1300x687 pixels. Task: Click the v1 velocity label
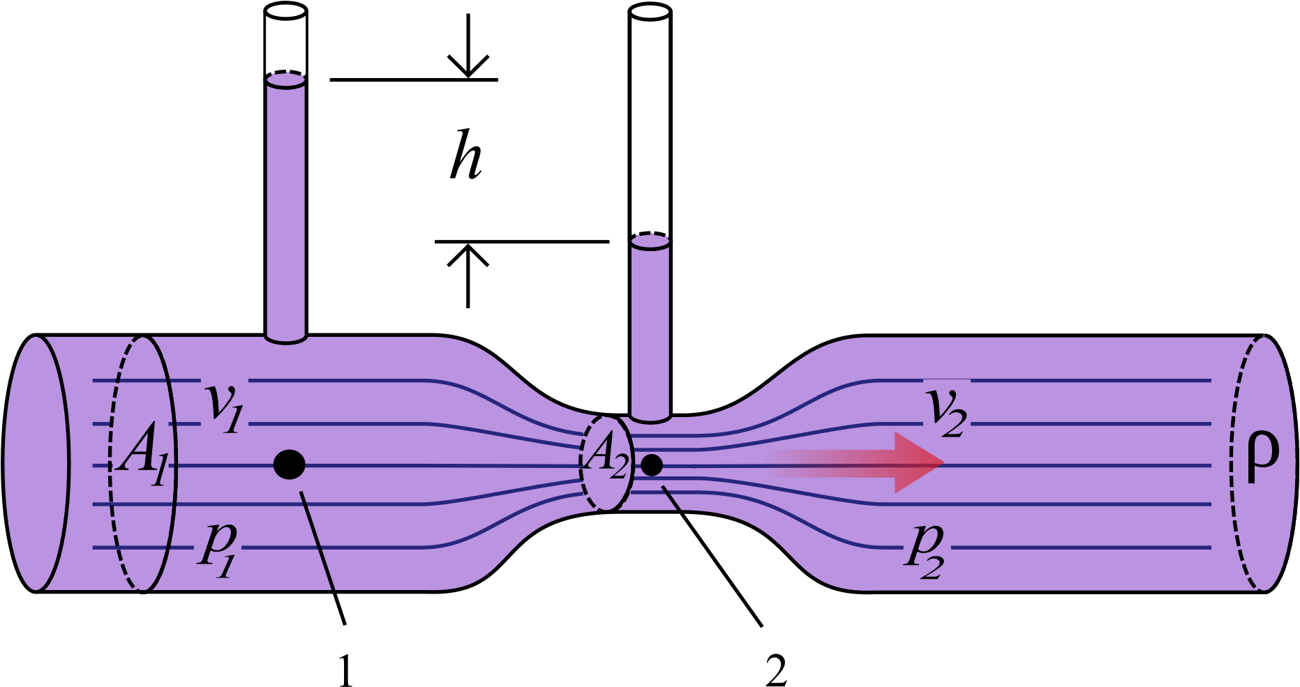coord(223,407)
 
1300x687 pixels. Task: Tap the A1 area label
coord(142,461)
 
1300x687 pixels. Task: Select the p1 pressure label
coord(218,550)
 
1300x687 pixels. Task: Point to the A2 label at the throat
coord(606,458)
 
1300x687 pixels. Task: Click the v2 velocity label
coord(946,412)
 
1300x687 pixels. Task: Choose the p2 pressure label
coord(925,551)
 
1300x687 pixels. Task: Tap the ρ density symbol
coord(1262,458)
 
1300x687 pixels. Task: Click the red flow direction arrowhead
coord(918,462)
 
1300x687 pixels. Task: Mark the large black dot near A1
coord(289,465)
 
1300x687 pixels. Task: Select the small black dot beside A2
coord(651,465)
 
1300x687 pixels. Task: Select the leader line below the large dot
coord(317,541)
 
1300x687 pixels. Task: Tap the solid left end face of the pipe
coord(36,463)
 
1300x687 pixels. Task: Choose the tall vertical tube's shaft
coord(286,209)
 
